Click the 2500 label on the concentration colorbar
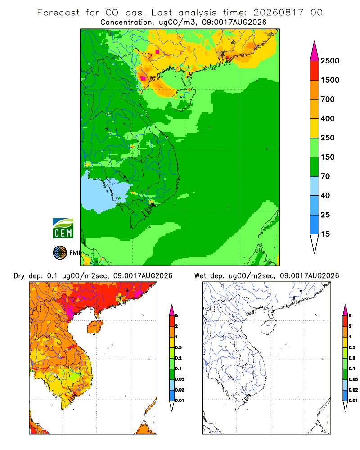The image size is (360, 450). point(330,61)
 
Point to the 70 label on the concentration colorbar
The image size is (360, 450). point(325,176)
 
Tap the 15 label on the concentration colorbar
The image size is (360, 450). point(325,234)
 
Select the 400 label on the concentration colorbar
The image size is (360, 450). point(328,118)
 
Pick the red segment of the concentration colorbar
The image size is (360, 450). point(315,71)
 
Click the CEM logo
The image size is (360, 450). point(63,229)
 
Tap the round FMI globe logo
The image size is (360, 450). point(60,253)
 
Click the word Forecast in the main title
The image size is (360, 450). point(58,13)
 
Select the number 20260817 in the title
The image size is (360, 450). point(278,13)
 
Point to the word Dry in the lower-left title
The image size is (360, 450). point(19,276)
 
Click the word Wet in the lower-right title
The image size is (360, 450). point(200,276)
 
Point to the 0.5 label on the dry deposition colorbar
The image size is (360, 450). point(178,347)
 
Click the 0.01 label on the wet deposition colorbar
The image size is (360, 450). point(353,400)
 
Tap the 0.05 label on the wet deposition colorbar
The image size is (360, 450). point(353,379)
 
